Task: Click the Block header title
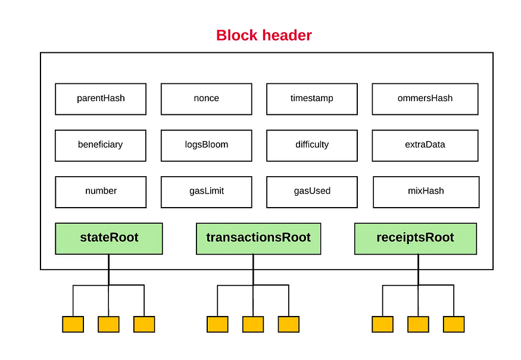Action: click(x=264, y=35)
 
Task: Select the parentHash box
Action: click(x=101, y=99)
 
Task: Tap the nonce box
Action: click(x=207, y=99)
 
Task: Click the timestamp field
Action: click(x=312, y=99)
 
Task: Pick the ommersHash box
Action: click(x=425, y=99)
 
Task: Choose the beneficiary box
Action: click(x=101, y=145)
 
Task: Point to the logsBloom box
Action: click(x=207, y=145)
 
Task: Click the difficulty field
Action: click(x=312, y=145)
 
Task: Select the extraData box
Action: click(x=425, y=145)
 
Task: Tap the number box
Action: click(x=101, y=192)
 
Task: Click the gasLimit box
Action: click(x=207, y=192)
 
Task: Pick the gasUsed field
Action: click(x=312, y=192)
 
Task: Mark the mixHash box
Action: click(x=426, y=192)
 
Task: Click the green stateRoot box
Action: click(x=109, y=239)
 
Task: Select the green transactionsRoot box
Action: click(x=258, y=239)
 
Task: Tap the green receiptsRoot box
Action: click(x=416, y=239)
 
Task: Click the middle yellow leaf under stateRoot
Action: click(x=108, y=324)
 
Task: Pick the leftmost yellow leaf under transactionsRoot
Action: click(x=218, y=324)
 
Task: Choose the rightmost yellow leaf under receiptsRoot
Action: click(x=454, y=324)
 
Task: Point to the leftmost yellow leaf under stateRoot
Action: click(x=73, y=324)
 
